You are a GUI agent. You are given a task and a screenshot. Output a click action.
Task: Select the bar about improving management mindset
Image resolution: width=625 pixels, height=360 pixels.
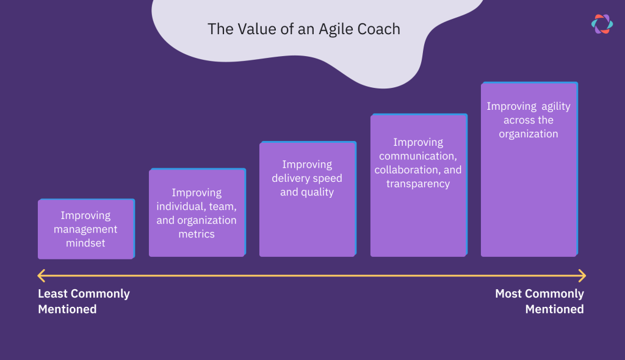[85, 229]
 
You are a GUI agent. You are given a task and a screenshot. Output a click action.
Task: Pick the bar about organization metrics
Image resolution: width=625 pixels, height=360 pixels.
[197, 213]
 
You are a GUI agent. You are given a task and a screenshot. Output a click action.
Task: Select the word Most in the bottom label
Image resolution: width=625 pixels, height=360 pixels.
[508, 294]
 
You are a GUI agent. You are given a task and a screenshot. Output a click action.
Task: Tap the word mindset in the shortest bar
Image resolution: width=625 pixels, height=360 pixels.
[85, 243]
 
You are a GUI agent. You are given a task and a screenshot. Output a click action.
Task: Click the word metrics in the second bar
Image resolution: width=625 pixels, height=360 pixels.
[197, 234]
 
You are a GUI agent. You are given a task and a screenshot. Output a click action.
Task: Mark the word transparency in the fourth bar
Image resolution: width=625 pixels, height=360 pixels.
[418, 184]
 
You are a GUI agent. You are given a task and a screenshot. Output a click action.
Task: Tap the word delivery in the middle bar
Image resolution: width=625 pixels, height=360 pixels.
[292, 178]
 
